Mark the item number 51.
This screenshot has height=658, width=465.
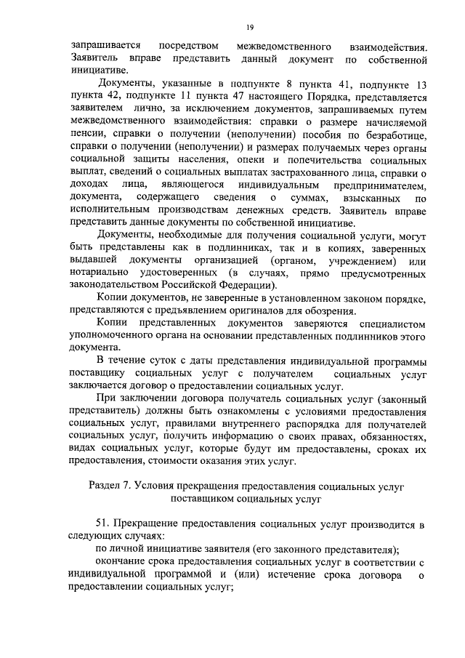click(102, 525)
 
